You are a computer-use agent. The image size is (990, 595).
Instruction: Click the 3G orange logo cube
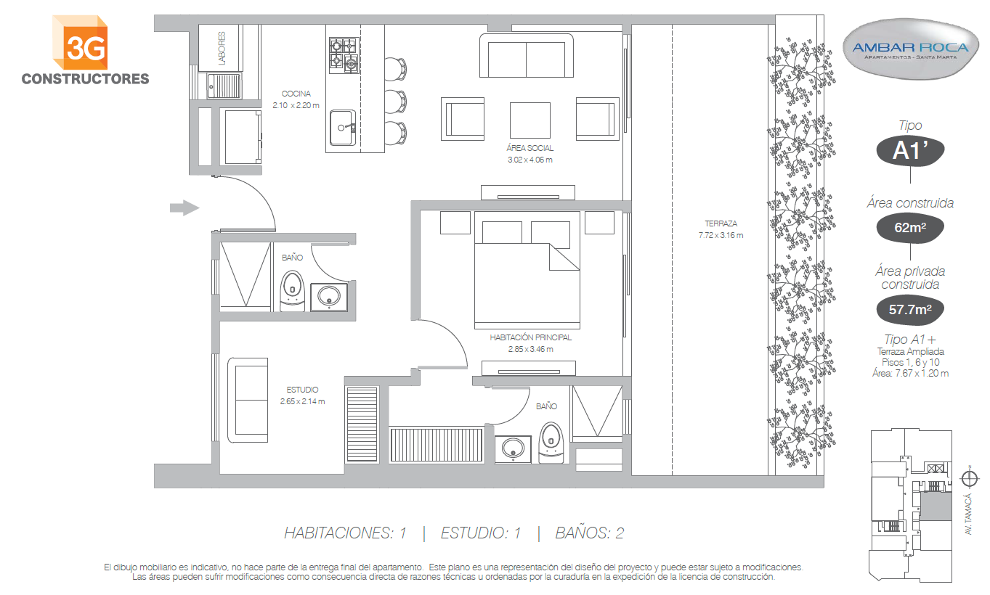pos(80,42)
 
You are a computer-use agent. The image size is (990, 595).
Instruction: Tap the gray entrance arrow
pos(184,208)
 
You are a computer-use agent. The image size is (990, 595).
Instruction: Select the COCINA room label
pos(296,94)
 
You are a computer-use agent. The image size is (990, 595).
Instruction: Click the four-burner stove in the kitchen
pos(344,55)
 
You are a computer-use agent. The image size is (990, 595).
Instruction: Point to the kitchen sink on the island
pos(343,128)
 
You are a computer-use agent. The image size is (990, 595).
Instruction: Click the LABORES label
pos(222,48)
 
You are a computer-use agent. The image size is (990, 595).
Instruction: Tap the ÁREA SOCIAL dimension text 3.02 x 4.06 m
pos(530,160)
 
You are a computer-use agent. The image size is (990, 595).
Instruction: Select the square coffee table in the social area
pos(530,120)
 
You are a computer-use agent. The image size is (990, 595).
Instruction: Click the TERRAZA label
pos(721,223)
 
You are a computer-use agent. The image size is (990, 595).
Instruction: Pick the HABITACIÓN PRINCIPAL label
pos(530,337)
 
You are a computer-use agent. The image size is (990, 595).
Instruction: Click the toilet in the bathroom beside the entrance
pos(293,291)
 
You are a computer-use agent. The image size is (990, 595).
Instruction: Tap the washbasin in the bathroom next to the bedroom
pos(513,449)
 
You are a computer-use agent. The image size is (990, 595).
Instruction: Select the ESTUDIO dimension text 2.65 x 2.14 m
pos(302,401)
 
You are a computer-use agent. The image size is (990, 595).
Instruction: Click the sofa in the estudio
pos(248,400)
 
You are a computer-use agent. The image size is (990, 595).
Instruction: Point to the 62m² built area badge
pos(910,227)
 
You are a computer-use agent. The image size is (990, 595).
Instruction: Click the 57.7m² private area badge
pos(910,309)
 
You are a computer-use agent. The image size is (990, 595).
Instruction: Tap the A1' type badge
pos(910,151)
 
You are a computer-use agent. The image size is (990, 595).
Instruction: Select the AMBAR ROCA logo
pos(910,49)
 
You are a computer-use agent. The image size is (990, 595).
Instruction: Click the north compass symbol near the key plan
pos(969,479)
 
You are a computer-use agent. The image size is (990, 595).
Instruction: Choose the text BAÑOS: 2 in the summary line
pos(590,533)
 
